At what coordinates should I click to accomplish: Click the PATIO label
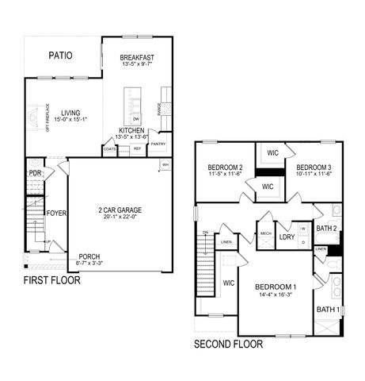60,56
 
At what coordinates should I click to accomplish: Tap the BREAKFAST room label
137,57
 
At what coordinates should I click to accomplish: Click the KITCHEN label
131,129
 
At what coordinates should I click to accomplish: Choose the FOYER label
56,214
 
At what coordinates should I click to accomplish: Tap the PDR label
35,173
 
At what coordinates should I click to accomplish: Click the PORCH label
89,256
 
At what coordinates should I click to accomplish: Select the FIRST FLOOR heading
51,280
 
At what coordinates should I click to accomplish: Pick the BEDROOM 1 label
276,286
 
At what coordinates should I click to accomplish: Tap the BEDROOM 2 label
224,167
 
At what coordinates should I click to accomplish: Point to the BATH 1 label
328,309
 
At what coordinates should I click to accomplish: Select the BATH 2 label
328,229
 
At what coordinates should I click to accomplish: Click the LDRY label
287,237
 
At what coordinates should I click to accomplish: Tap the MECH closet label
264,234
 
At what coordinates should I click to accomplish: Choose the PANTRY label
158,144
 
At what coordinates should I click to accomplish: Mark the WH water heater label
165,164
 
